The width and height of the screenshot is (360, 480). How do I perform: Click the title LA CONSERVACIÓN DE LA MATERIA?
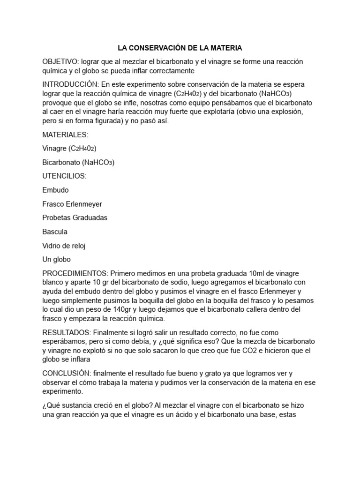(x=180, y=48)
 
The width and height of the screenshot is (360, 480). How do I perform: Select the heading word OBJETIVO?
(x=59, y=62)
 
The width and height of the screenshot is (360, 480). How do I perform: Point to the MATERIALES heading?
(x=65, y=135)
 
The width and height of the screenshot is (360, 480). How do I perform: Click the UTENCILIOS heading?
(x=64, y=176)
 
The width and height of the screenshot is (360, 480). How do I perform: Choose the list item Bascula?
(x=55, y=232)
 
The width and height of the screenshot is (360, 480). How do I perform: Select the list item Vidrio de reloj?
(x=64, y=246)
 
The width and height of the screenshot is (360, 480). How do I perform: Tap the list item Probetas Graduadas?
(x=75, y=218)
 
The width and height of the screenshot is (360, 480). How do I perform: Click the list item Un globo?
(x=56, y=259)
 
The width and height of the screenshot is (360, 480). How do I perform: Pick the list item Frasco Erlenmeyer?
(x=72, y=204)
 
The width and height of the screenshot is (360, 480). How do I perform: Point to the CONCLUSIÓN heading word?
(x=65, y=374)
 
